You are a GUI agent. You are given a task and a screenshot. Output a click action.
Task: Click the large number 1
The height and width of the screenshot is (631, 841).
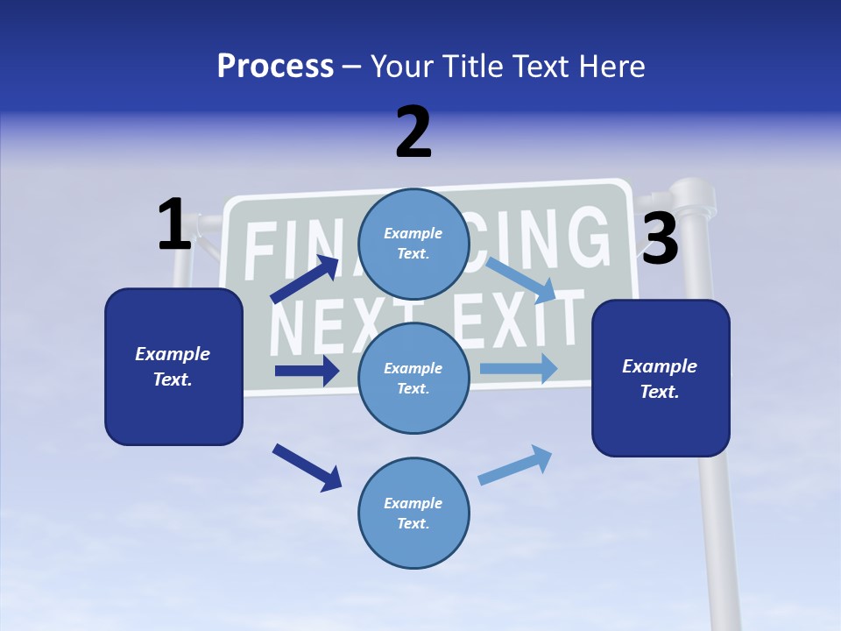174,224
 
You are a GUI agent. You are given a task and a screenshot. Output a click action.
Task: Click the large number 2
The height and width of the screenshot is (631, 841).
413,132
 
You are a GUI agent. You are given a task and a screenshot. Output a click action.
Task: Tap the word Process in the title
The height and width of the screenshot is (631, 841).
275,66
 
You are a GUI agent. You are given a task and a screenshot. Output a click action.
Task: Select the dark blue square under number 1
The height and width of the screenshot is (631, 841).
173,366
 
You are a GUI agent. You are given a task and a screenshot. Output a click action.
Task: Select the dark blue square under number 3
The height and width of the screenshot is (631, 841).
661,379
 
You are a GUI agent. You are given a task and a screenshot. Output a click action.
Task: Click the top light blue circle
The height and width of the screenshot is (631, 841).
413,244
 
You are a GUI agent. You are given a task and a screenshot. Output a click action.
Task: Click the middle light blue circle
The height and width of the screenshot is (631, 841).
413,379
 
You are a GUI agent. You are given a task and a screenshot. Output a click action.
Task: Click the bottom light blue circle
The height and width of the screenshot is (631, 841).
413,514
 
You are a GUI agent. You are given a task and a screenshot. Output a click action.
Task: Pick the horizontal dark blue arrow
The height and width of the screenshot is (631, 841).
307,371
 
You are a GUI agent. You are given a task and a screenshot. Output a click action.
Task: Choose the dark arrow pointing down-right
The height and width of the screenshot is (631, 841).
307,466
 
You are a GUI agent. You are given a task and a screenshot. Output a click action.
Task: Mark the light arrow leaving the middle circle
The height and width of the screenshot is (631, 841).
519,368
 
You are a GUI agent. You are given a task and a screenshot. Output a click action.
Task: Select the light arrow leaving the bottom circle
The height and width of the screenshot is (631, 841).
516,465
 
